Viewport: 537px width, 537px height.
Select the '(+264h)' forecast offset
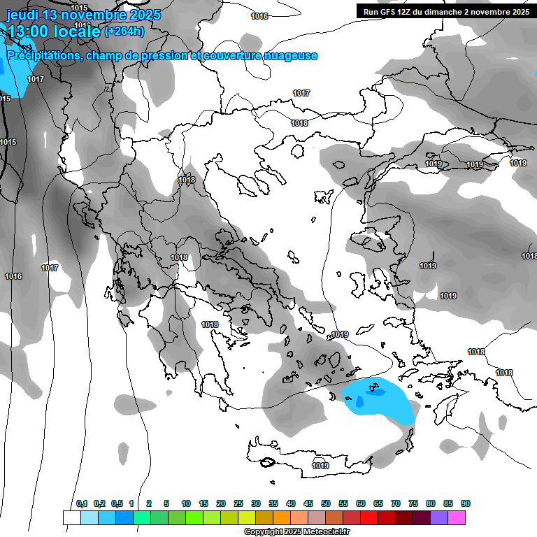point(124,31)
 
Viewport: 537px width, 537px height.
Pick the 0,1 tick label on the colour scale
point(81,504)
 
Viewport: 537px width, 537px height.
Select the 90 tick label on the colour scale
point(466,504)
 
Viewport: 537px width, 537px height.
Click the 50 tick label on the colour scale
point(326,504)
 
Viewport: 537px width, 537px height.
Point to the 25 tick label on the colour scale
point(238,504)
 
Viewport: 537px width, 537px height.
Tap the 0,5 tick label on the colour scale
point(116,504)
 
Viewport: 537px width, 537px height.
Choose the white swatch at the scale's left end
point(71,517)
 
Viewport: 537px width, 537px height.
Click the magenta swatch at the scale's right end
point(457,517)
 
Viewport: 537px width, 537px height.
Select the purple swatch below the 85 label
point(439,517)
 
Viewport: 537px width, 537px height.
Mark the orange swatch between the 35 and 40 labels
point(282,517)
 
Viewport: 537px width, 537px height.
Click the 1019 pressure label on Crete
point(320,466)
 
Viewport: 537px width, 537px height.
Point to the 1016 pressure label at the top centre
point(259,16)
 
